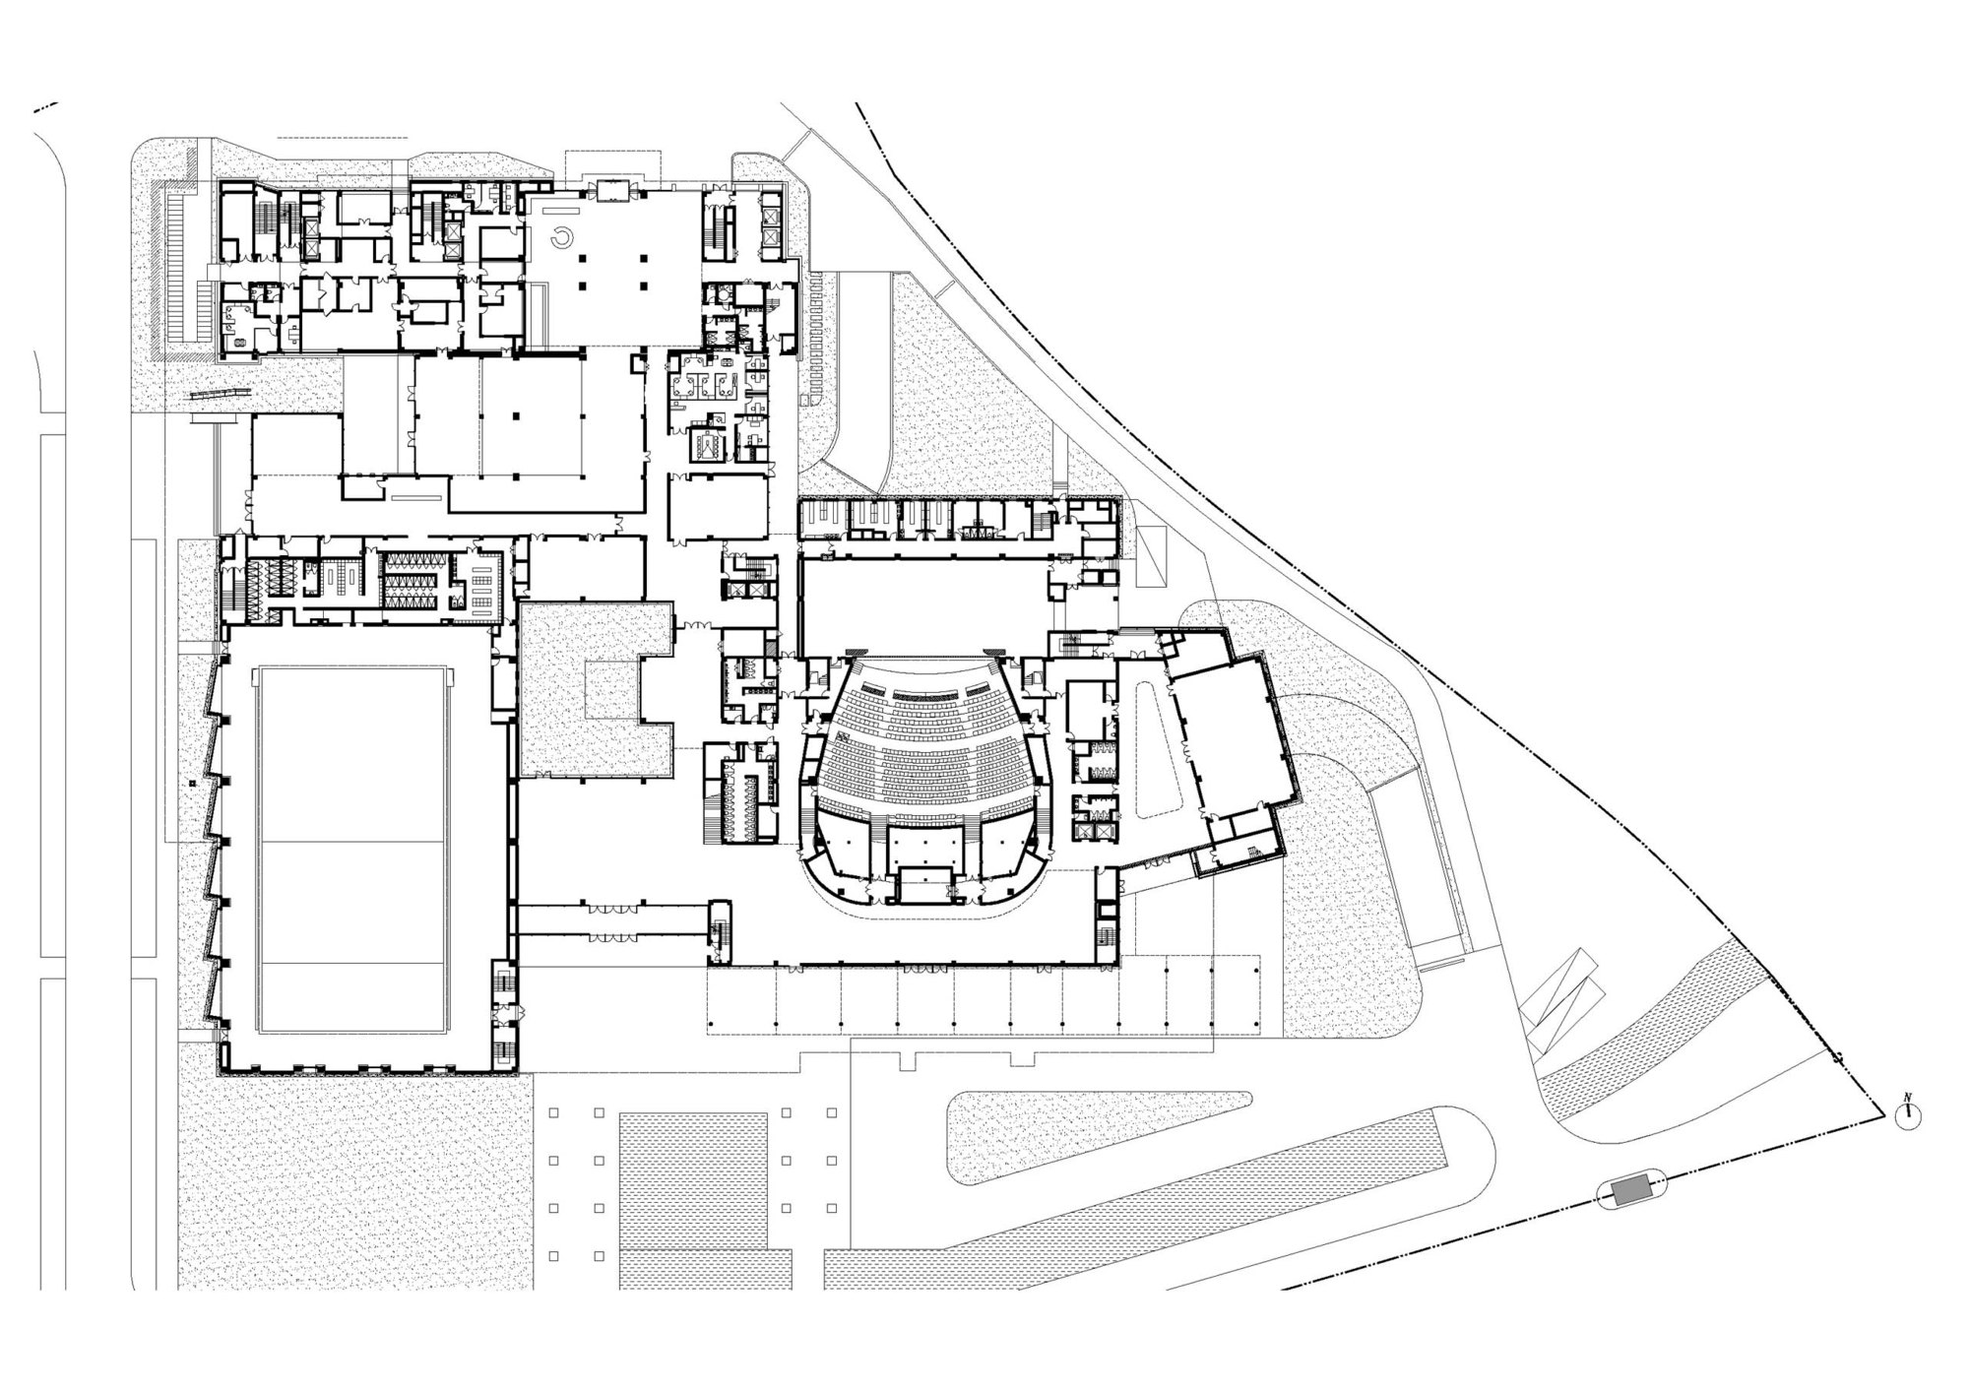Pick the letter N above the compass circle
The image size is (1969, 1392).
[1908, 1097]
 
